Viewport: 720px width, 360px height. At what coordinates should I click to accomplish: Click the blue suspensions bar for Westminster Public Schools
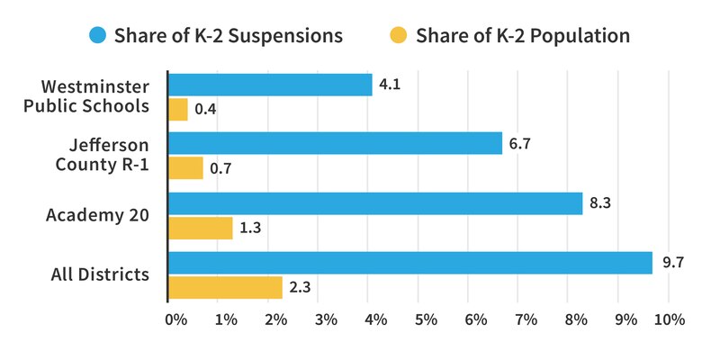(270, 85)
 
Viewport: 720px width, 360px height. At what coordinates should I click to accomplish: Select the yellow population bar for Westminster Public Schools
(178, 110)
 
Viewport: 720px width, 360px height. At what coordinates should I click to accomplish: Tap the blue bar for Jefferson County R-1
(335, 143)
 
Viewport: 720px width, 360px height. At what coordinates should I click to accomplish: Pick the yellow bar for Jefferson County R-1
(186, 168)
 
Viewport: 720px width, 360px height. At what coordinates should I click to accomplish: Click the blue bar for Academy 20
(375, 203)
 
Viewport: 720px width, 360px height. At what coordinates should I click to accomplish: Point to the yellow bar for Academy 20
(201, 228)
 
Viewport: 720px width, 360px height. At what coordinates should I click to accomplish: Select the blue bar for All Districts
(410, 263)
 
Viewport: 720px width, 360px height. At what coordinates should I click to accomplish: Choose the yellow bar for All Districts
(226, 288)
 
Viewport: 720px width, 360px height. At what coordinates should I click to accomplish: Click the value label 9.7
(672, 263)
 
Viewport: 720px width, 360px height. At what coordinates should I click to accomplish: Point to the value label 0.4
(206, 111)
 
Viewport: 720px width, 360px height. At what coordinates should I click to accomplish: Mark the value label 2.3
(301, 288)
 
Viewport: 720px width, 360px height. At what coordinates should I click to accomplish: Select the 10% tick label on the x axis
(670, 319)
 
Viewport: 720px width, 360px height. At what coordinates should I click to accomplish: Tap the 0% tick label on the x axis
(175, 319)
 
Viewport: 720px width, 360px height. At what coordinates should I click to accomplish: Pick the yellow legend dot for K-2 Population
(399, 36)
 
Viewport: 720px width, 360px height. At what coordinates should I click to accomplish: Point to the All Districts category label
(100, 274)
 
